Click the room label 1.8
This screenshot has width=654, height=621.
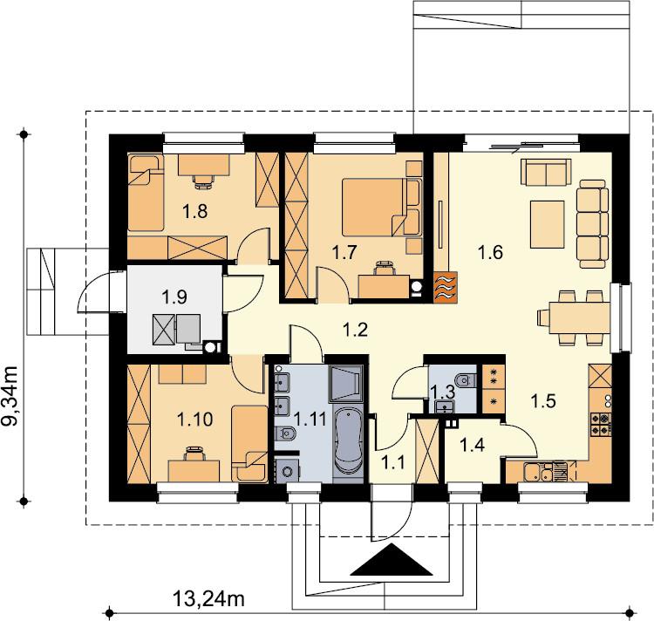[195, 212]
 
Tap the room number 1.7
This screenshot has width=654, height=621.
[344, 252]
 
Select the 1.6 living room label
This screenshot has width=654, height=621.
[490, 252]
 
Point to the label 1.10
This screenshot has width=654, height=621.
[195, 420]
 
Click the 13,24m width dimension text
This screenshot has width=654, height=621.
[208, 600]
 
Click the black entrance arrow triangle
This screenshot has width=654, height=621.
[392, 560]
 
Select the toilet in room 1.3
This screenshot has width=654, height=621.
[467, 380]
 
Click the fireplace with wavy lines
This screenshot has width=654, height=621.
[446, 287]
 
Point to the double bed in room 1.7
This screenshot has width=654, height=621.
[380, 208]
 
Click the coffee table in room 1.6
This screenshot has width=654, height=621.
[548, 224]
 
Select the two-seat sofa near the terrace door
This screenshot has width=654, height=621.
[546, 172]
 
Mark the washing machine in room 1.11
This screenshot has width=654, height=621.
[287, 471]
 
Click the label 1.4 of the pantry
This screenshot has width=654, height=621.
[472, 446]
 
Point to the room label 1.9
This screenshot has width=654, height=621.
[174, 297]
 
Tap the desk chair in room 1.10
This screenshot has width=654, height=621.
[194, 454]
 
